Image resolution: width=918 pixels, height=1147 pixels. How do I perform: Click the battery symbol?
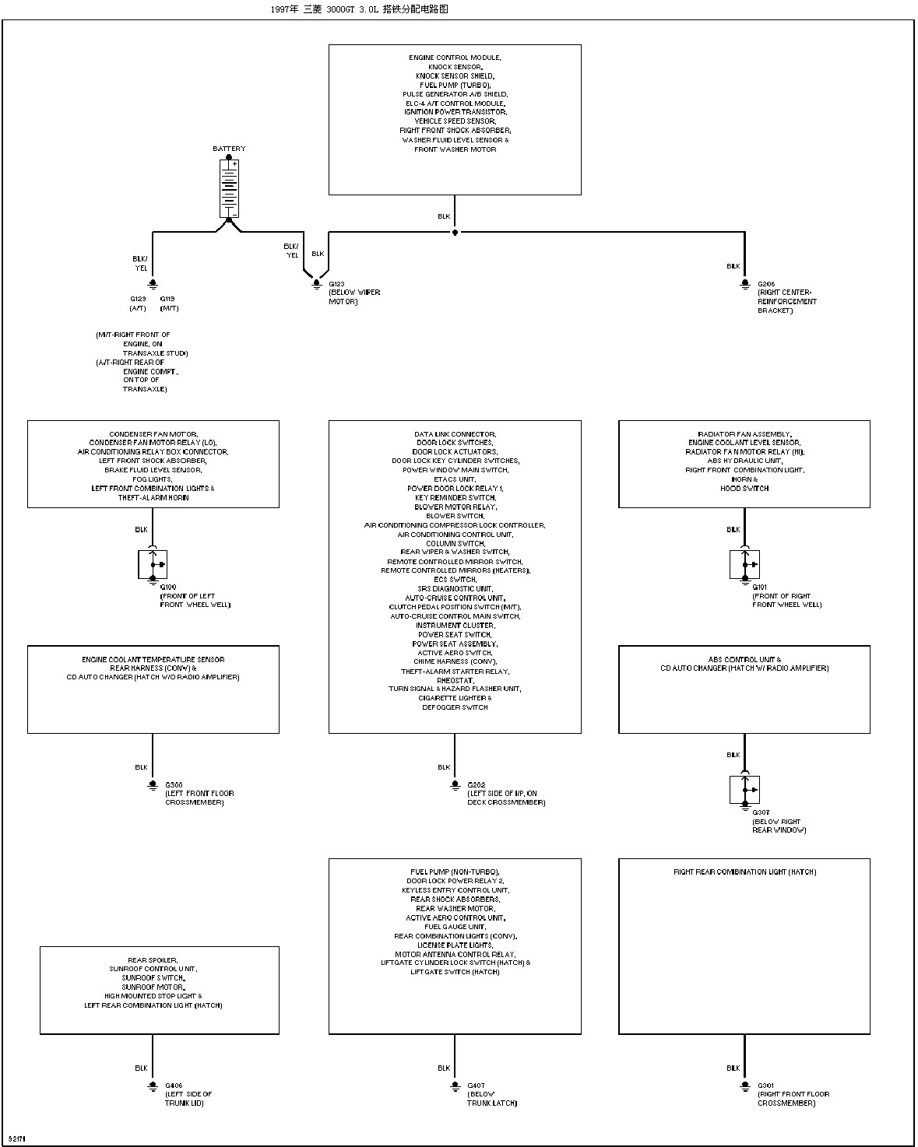pyautogui.click(x=230, y=188)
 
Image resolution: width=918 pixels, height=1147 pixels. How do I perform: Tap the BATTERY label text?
pyautogui.click(x=229, y=149)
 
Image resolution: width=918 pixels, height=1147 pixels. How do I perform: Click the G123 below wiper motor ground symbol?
pyautogui.click(x=316, y=284)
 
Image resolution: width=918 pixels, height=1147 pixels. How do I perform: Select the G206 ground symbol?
pyautogui.click(x=745, y=284)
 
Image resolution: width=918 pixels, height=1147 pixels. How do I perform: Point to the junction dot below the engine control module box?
pyautogui.click(x=455, y=232)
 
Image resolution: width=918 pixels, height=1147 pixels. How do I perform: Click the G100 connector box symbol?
pyautogui.click(x=153, y=564)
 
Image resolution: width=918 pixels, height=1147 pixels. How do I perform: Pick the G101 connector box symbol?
pyautogui.click(x=744, y=564)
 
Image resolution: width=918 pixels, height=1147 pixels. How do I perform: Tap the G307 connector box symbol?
pyautogui.click(x=744, y=790)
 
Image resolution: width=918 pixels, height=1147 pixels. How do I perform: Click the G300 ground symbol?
pyautogui.click(x=153, y=785)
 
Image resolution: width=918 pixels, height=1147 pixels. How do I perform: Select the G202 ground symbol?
pyautogui.click(x=455, y=785)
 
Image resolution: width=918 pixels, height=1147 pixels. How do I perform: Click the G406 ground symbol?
pyautogui.click(x=153, y=1086)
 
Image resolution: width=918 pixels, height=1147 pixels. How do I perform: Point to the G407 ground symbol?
pyautogui.click(x=455, y=1086)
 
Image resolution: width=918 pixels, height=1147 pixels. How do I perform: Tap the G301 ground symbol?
pyautogui.click(x=745, y=1086)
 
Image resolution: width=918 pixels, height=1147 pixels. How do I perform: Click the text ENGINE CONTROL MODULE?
pyautogui.click(x=455, y=58)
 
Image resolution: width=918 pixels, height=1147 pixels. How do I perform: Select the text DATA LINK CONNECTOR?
pyautogui.click(x=455, y=434)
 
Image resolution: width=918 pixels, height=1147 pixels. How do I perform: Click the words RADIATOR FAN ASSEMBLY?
pyautogui.click(x=744, y=434)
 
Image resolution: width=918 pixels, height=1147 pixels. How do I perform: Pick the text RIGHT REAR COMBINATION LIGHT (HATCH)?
pyautogui.click(x=744, y=872)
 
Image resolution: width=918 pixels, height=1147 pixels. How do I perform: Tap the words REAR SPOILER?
pyautogui.click(x=153, y=960)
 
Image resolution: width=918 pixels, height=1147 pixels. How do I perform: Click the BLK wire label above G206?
pyautogui.click(x=733, y=266)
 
